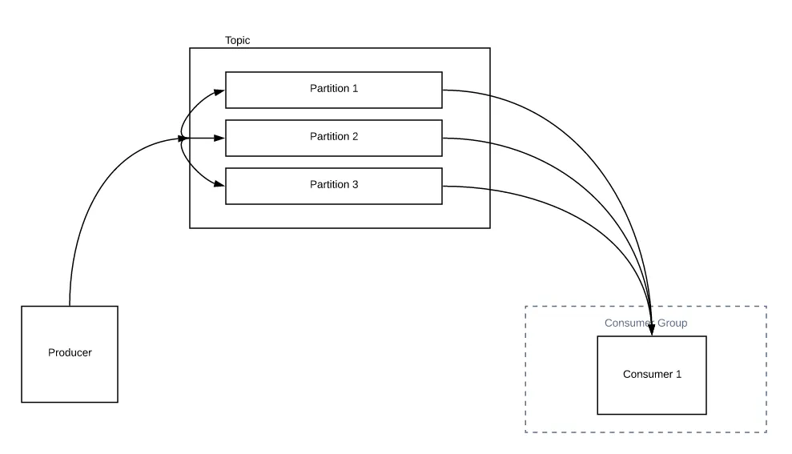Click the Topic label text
237,40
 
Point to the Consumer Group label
645,323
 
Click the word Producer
70,353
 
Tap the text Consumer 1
652,374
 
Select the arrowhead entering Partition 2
219,139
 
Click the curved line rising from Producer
88,208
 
